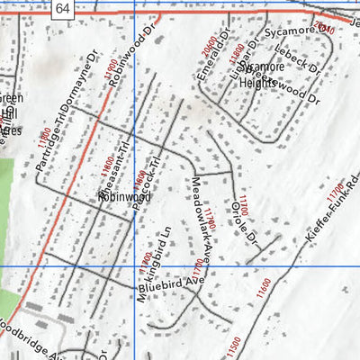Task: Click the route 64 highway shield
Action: [61, 9]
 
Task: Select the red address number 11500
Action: [234, 346]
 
